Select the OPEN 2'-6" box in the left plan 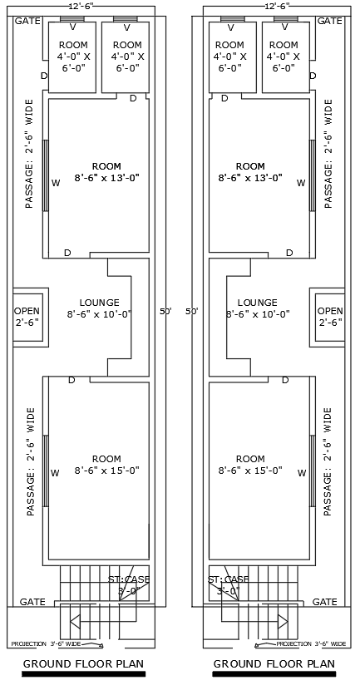pos(27,316)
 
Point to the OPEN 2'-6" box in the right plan pos(329,316)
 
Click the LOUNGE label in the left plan pos(99,303)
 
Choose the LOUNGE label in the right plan pos(257,303)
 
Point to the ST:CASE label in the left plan pos(129,579)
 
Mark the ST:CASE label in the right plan pos(228,579)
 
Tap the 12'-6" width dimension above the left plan pos(81,6)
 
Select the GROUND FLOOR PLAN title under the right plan pos(274,663)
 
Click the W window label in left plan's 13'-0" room pos(56,183)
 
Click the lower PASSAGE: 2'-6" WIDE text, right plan pos(328,461)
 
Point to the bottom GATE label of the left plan pos(32,601)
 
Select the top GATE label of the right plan pos(330,20)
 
